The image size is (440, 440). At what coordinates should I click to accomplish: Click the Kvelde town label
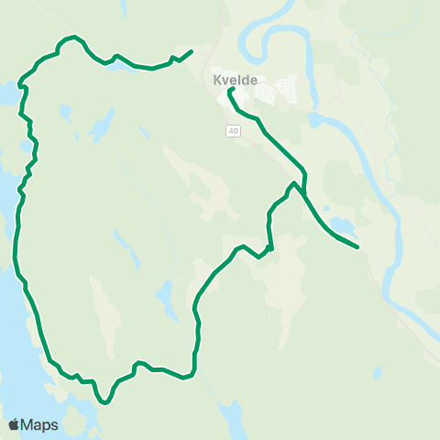(234, 80)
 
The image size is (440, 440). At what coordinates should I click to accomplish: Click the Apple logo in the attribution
(13, 425)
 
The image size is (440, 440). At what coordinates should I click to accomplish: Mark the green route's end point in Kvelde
(230, 90)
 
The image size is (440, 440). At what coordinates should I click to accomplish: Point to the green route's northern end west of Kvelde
(191, 51)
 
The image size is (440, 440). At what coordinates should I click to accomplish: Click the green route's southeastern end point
(356, 247)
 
